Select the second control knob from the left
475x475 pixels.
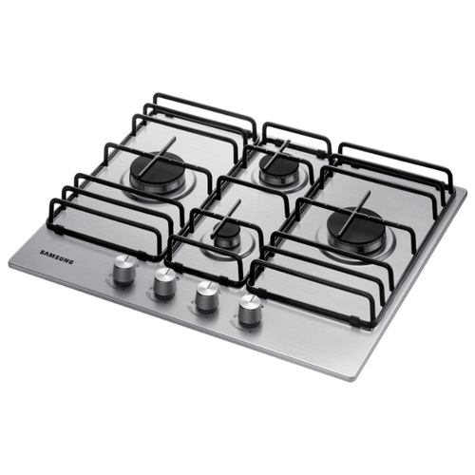pyautogui.click(x=165, y=283)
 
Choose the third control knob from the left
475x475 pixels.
pyautogui.click(x=207, y=295)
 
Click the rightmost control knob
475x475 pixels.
pyautogui.click(x=249, y=310)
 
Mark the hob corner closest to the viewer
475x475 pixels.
pyautogui.click(x=357, y=381)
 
